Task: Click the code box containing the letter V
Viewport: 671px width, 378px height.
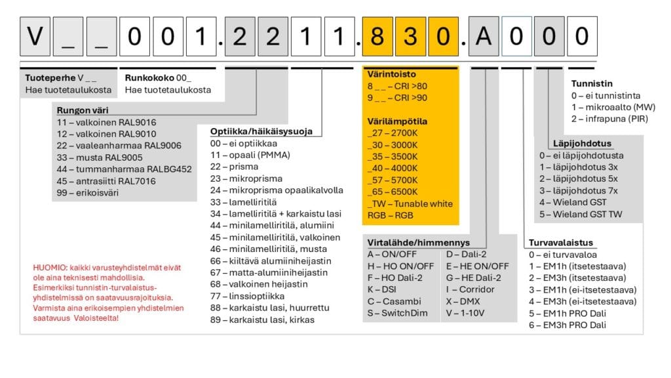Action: (36, 37)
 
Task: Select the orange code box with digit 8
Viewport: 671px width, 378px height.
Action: (377, 37)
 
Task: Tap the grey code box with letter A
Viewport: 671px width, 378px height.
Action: (483, 37)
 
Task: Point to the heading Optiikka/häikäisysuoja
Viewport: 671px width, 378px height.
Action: (261, 131)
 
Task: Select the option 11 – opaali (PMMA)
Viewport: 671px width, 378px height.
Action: (250, 155)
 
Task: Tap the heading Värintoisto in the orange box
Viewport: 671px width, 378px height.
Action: (392, 74)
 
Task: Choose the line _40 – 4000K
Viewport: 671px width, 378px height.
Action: (393, 168)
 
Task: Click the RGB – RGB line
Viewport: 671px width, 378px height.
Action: (391, 215)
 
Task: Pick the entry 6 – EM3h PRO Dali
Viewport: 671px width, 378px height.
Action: (567, 325)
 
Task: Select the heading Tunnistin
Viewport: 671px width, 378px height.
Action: (592, 83)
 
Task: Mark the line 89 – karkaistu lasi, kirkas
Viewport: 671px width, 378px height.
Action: (262, 320)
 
